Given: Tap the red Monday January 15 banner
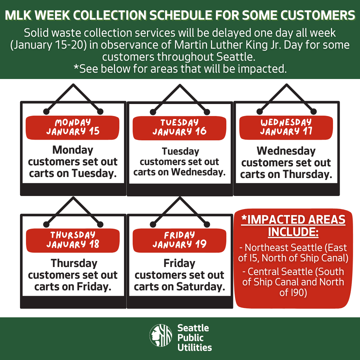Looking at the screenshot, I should tap(73, 127).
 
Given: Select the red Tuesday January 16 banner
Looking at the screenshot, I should tap(179, 127).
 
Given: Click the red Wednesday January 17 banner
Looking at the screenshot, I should tap(286, 127).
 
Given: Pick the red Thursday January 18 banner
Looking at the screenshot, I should tap(73, 240).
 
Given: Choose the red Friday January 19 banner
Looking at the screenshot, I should tap(179, 240).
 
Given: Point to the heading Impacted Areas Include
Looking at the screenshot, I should tap(293, 226).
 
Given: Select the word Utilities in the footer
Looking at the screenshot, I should tap(195, 348).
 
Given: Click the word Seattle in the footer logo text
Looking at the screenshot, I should tap(193, 328).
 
